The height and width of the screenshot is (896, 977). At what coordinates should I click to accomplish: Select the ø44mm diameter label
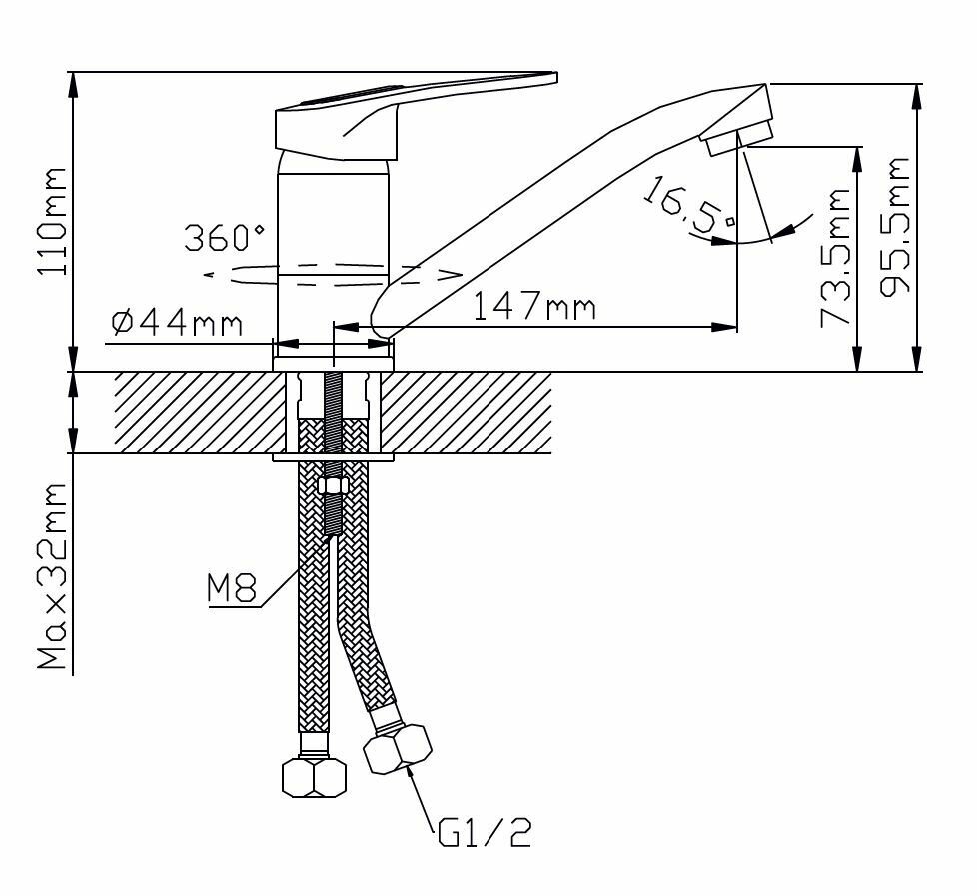pyautogui.click(x=177, y=322)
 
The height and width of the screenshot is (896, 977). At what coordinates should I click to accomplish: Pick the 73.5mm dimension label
pyautogui.click(x=835, y=258)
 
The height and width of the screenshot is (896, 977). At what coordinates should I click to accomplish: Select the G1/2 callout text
pyautogui.click(x=485, y=831)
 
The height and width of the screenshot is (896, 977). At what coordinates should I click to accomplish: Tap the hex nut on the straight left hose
pyautogui.click(x=314, y=776)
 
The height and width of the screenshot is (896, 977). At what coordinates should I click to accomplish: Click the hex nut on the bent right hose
pyautogui.click(x=398, y=750)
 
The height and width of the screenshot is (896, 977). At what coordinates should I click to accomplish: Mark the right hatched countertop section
pyautogui.click(x=470, y=413)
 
